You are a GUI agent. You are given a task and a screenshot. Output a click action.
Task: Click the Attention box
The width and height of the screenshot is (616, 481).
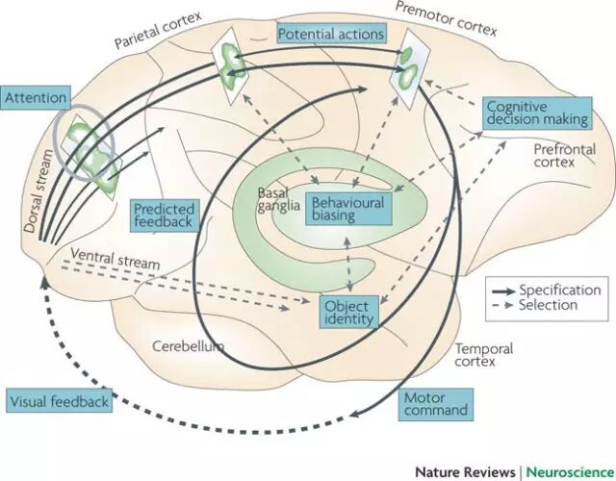(x=36, y=97)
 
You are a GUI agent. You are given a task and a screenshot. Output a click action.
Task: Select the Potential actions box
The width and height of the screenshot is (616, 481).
(x=330, y=35)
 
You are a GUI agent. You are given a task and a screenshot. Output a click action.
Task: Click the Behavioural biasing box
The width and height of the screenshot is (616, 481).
(x=346, y=208)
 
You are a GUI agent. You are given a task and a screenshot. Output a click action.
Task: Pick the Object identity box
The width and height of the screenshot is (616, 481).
(x=348, y=311)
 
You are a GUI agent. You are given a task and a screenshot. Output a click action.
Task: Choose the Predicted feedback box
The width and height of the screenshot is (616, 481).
(x=164, y=215)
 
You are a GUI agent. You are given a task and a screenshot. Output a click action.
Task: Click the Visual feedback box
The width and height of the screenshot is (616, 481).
(x=59, y=400)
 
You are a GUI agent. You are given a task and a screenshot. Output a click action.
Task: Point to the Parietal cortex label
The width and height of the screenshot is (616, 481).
(x=153, y=38)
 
